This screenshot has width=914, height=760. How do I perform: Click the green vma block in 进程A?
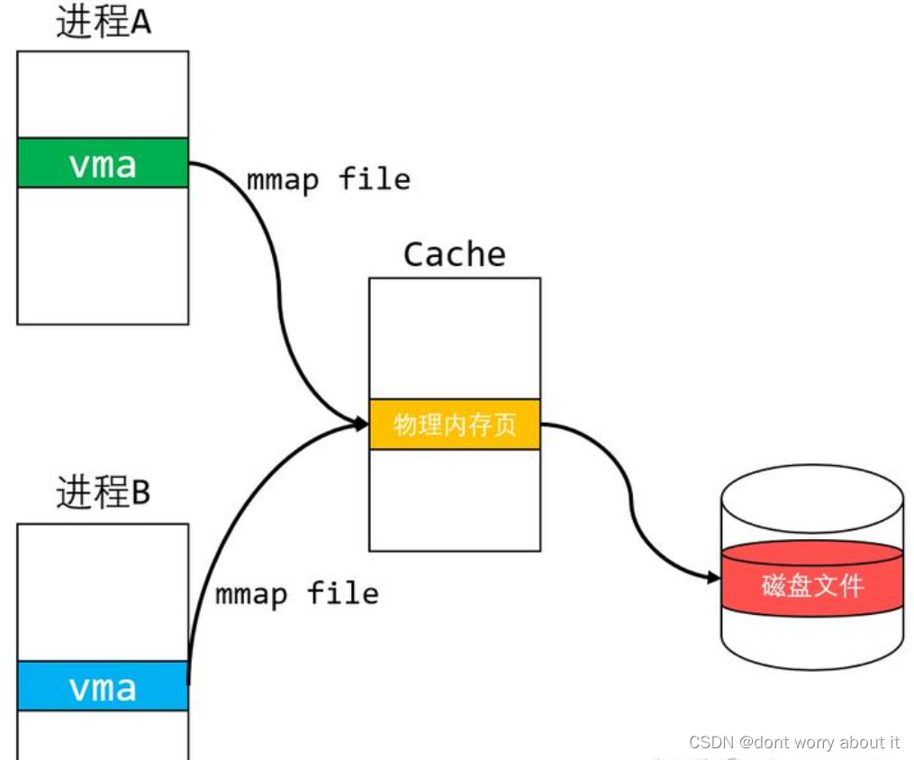(103, 163)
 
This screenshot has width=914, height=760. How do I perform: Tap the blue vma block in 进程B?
(103, 687)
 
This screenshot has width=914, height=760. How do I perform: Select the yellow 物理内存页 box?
(455, 424)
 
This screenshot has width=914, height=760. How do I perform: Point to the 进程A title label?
(104, 23)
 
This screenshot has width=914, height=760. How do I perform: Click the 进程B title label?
(104, 492)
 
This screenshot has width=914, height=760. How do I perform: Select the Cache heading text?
(455, 254)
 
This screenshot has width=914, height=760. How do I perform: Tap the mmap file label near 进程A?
(329, 179)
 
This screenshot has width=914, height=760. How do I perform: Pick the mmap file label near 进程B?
(297, 593)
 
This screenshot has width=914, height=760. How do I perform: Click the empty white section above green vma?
(103, 95)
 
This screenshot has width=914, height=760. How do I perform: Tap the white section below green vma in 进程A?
(103, 255)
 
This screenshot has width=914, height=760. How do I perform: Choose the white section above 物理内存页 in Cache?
(455, 338)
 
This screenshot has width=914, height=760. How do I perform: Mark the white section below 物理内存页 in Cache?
(455, 499)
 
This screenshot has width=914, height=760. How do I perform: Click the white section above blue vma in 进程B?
(103, 592)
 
